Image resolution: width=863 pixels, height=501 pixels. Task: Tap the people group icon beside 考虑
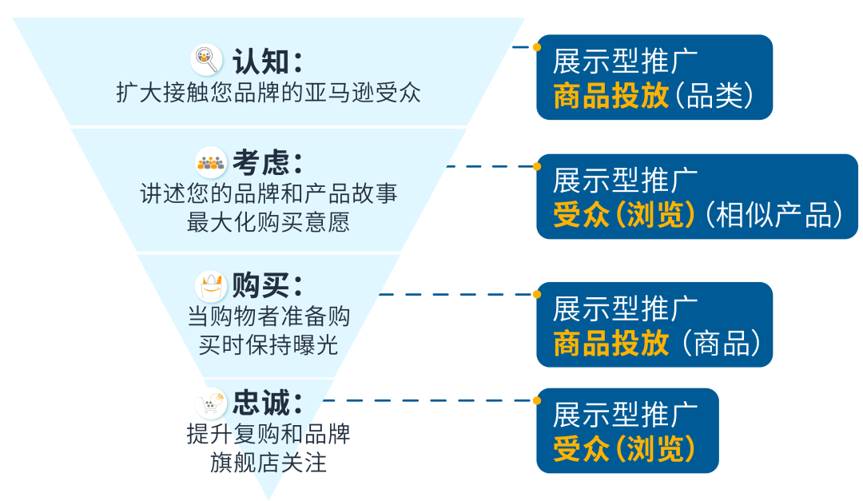point(211,163)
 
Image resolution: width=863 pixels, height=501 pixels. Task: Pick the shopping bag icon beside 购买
point(211,285)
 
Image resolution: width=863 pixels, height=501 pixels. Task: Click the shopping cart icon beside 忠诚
point(211,404)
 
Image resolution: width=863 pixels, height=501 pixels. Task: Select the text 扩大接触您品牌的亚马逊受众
point(268,93)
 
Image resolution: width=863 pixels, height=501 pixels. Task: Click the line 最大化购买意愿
point(268,221)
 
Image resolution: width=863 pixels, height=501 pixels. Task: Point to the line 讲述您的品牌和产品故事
point(268,194)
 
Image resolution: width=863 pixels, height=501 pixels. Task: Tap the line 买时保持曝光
point(268,344)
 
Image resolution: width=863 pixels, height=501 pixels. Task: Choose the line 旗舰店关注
point(268,463)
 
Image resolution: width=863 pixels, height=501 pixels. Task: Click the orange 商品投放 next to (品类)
point(611,96)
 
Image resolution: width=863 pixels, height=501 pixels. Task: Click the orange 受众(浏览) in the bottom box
point(624,449)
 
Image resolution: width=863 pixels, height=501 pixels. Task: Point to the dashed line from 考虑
point(489,166)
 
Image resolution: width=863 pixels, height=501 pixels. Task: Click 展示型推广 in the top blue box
point(626,61)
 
